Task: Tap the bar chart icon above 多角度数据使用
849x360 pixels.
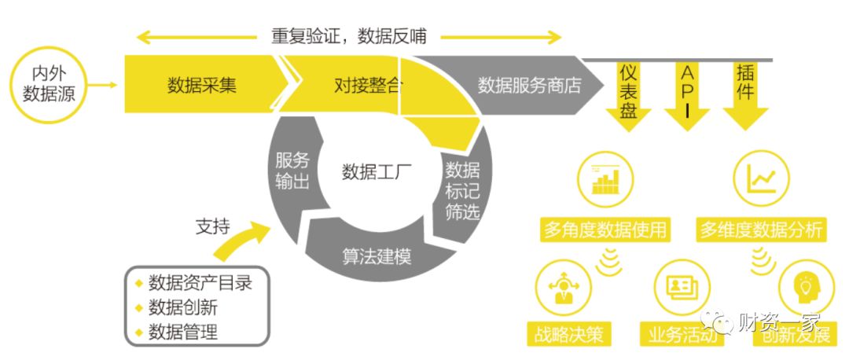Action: click(x=605, y=179)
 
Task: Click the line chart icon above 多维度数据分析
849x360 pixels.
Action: click(x=760, y=179)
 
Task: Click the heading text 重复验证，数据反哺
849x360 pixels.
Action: click(x=348, y=36)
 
